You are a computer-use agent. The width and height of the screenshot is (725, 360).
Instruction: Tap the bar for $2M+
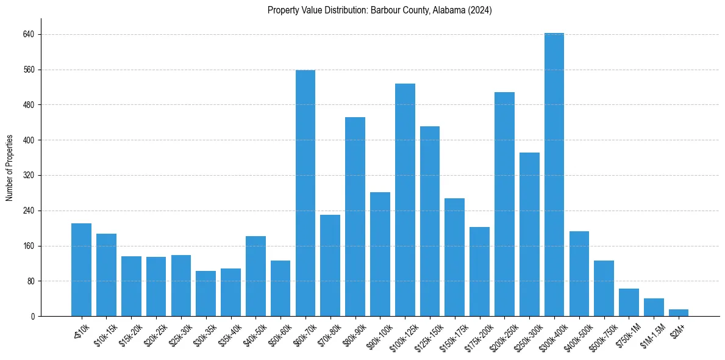coord(679,312)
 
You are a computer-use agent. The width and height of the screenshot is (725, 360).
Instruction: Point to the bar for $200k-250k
coord(504,204)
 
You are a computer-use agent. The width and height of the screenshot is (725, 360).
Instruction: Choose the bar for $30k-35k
coord(205,293)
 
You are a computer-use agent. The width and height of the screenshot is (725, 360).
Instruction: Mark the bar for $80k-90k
coord(355,217)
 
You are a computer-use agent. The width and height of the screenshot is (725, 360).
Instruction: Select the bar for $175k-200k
coord(479,272)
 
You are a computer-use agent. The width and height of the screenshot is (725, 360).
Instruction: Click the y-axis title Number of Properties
coord(10,168)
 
